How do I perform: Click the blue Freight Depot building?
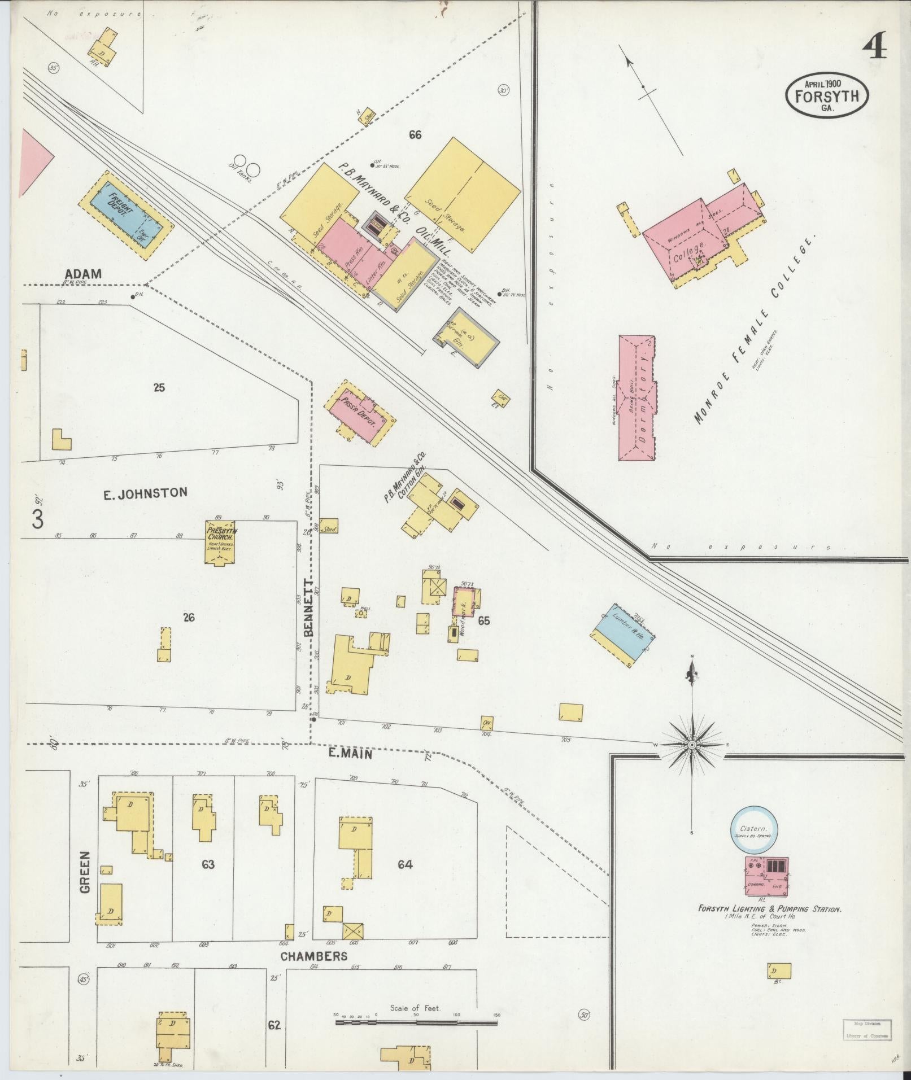point(125,216)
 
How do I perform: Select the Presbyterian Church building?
point(220,541)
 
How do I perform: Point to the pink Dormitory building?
point(638,399)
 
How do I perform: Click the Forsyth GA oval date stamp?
point(826,95)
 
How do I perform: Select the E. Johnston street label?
point(145,494)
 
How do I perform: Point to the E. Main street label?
point(351,754)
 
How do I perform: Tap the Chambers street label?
point(313,956)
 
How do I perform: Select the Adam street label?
point(82,274)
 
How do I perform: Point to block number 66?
point(415,134)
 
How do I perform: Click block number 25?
point(159,387)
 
